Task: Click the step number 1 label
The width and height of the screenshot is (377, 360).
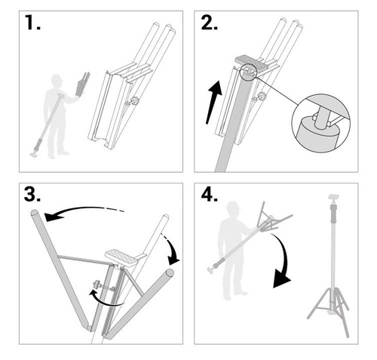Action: (x=32, y=23)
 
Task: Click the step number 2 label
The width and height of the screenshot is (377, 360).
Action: (x=210, y=23)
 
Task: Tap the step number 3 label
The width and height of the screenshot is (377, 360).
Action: (x=32, y=195)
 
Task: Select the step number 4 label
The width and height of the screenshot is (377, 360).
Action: (x=210, y=195)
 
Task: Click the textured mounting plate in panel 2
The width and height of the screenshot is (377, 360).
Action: (x=252, y=62)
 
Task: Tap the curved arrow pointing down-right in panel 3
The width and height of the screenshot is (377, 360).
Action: (x=172, y=249)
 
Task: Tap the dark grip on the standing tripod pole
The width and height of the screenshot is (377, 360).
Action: (x=334, y=214)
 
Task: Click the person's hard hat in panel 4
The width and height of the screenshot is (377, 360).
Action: (x=233, y=205)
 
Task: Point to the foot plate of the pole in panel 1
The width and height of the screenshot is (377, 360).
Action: (x=34, y=155)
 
